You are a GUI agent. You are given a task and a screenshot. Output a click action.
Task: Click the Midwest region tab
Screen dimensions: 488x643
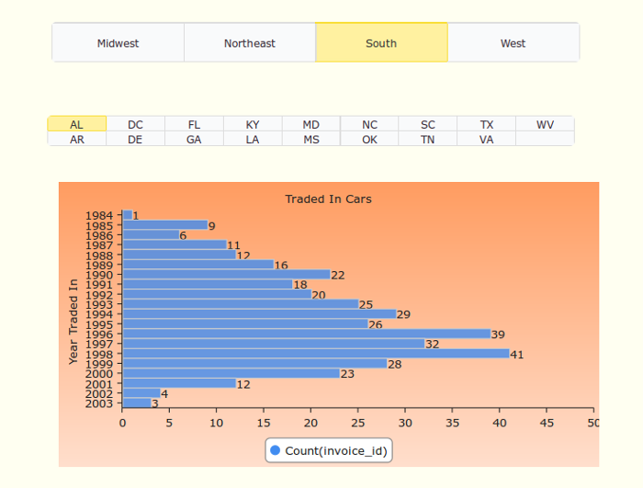(x=118, y=43)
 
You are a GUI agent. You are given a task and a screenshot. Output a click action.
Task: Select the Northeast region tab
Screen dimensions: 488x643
(x=250, y=43)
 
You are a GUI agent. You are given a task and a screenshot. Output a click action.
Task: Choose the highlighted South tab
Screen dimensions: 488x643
(x=381, y=43)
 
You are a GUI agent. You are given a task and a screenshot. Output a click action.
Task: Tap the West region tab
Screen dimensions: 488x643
(x=513, y=43)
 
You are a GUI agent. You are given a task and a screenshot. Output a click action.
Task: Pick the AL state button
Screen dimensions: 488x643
(x=76, y=124)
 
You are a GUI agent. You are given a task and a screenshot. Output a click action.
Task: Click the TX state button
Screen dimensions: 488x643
(x=486, y=124)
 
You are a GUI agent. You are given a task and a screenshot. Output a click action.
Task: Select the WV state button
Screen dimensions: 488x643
(x=545, y=124)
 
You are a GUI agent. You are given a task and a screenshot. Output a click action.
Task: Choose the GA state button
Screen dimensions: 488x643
(x=194, y=140)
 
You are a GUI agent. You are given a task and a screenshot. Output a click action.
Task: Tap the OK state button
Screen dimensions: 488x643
(x=369, y=140)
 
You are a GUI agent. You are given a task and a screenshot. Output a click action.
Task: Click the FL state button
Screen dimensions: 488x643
(x=194, y=124)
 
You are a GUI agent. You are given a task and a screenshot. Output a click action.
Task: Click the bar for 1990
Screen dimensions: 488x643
(x=226, y=275)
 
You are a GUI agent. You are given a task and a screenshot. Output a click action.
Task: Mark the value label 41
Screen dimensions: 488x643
(x=516, y=355)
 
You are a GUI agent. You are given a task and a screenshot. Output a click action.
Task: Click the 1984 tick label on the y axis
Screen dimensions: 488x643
(x=99, y=216)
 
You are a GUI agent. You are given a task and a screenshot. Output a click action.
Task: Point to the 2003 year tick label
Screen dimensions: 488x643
(x=99, y=403)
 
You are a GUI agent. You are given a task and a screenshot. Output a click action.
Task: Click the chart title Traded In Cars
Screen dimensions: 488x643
(x=328, y=199)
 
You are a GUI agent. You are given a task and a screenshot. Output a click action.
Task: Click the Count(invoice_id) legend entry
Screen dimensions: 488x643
(x=329, y=450)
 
